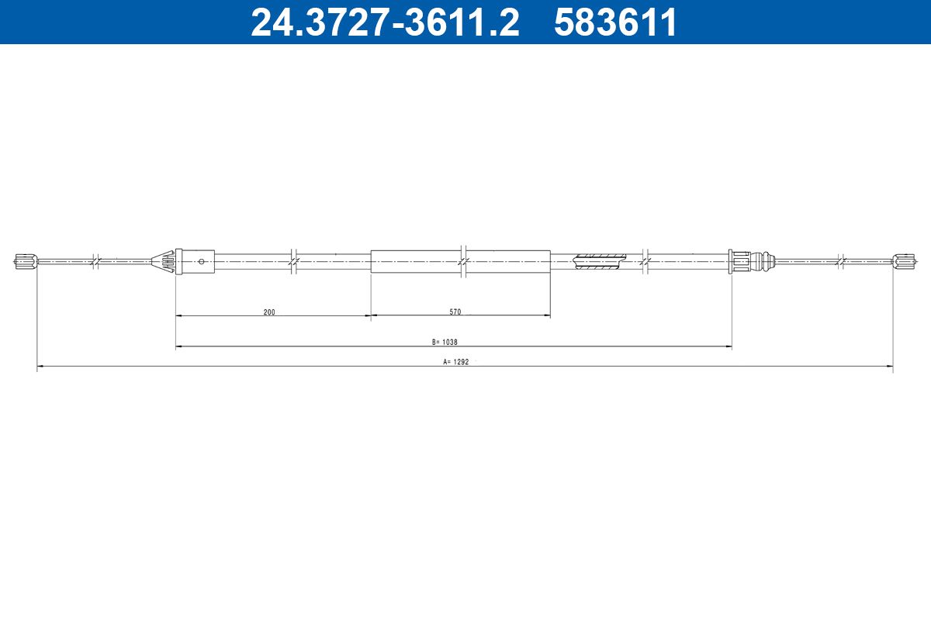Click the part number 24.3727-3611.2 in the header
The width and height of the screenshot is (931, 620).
tap(386, 22)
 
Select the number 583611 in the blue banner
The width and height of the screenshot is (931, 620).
tap(615, 22)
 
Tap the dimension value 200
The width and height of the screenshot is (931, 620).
tap(269, 312)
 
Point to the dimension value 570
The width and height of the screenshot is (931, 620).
tap(455, 312)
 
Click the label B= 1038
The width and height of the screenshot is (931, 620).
tap(445, 343)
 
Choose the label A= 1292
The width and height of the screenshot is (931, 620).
tap(456, 362)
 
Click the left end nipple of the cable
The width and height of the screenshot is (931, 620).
tap(26, 261)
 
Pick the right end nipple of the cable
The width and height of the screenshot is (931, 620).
tap(904, 261)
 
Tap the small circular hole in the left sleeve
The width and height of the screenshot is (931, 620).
tap(202, 261)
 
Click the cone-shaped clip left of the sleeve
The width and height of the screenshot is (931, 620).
tap(164, 261)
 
